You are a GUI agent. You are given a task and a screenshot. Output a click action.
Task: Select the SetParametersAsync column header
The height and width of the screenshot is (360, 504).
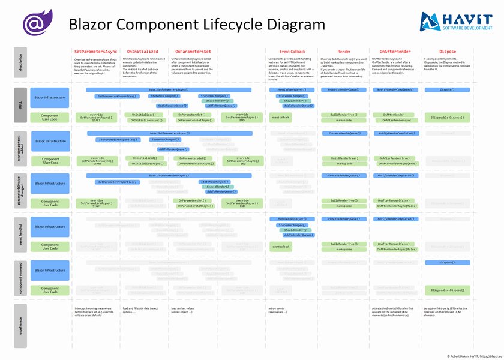coord(95,52)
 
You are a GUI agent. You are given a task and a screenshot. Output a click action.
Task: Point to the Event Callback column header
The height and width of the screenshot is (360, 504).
coord(292,52)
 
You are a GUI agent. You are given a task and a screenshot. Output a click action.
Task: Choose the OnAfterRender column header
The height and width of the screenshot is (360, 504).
coord(395,52)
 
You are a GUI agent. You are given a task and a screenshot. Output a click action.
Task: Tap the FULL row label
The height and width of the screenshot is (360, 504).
coord(20,106)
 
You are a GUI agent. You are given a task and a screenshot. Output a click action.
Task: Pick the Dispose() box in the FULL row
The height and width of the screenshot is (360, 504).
coord(448,89)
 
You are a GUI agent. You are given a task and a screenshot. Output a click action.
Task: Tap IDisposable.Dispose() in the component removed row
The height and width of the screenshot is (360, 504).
coord(448,290)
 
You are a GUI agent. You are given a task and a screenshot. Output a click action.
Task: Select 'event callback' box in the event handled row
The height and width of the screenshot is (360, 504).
coord(281,247)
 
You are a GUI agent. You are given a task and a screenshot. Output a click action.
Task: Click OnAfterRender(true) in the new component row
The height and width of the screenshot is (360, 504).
coord(394,158)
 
